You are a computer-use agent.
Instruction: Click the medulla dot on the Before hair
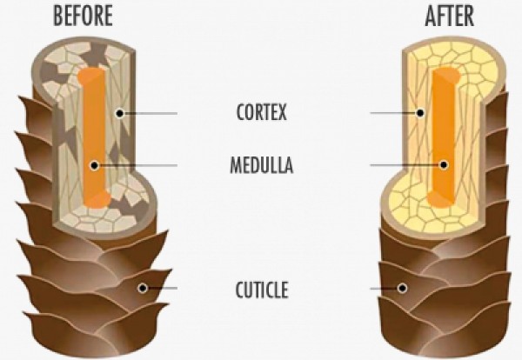pos(92,164)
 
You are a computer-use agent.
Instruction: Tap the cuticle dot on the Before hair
pos(143,288)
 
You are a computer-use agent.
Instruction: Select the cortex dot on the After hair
pos(419,113)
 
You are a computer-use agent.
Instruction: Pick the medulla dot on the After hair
pos(444,164)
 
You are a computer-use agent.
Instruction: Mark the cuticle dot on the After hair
pos(402,288)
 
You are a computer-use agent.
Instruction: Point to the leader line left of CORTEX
pos(152,113)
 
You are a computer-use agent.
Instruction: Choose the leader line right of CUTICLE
pos(383,288)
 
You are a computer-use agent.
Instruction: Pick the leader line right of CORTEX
pos(391,113)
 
